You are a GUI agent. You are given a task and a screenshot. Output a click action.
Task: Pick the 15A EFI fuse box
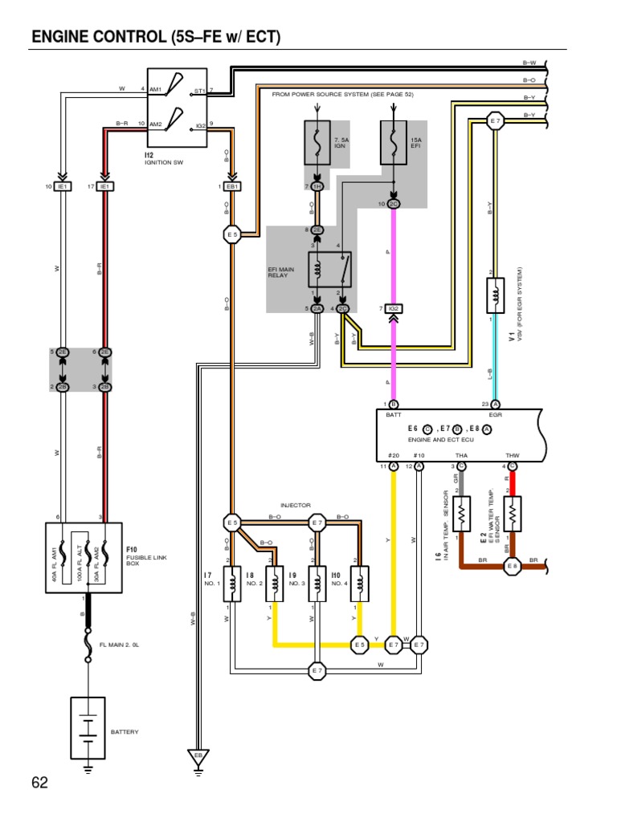click(x=393, y=143)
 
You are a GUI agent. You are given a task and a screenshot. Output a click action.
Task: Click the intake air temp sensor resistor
click(x=461, y=514)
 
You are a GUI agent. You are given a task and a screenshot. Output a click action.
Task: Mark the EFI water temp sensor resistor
click(x=513, y=514)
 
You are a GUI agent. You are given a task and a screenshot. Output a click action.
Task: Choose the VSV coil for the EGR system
click(x=495, y=295)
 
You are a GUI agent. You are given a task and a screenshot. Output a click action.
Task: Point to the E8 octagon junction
click(x=513, y=566)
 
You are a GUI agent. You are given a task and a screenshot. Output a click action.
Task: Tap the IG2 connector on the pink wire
click(x=393, y=308)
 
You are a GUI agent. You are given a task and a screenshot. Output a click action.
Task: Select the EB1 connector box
click(x=233, y=186)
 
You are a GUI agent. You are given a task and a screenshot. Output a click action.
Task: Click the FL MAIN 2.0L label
click(x=120, y=645)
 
